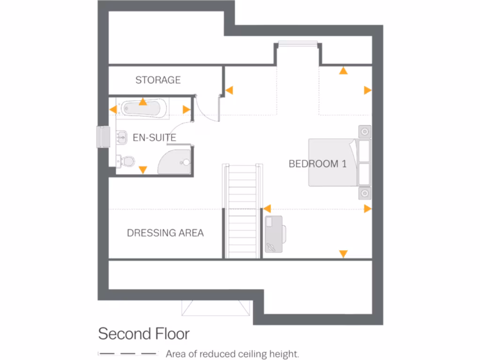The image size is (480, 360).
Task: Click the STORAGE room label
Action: [158, 80]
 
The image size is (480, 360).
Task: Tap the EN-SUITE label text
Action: [154, 138]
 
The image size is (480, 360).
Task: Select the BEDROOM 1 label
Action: [317, 164]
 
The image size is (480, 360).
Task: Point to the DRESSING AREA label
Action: [165, 232]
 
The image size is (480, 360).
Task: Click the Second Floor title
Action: [143, 334]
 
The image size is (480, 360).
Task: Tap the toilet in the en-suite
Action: [126, 161]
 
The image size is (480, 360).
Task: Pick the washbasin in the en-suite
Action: [121, 137]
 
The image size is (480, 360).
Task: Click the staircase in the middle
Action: [242, 211]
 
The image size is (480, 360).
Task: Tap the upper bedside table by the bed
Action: [365, 131]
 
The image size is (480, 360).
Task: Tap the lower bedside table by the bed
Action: [365, 193]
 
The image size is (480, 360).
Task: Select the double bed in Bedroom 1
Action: [339, 162]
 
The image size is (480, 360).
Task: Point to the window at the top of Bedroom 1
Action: [298, 44]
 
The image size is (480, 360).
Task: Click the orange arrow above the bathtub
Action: [142, 101]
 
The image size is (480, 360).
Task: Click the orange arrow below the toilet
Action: [143, 170]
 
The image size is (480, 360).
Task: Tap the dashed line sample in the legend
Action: [128, 353]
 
